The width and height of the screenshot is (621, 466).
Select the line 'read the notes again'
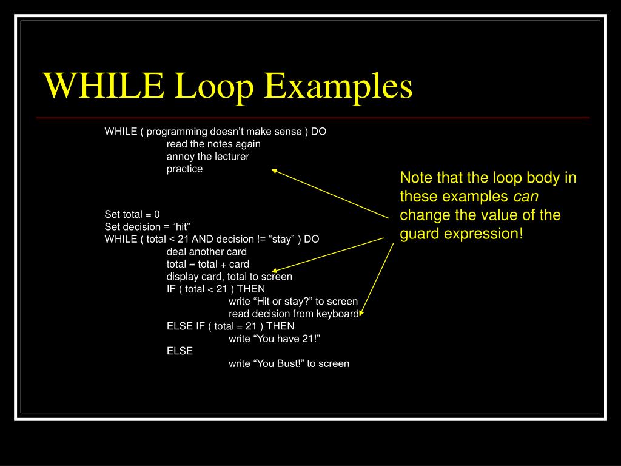[x=213, y=144]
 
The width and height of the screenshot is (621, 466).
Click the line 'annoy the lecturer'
[x=207, y=157]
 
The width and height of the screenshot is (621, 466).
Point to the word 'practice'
[x=184, y=169]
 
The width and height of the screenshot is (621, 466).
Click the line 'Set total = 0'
[x=132, y=214]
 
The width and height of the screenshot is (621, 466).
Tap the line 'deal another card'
[x=206, y=251]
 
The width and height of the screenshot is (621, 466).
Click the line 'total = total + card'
[x=207, y=264]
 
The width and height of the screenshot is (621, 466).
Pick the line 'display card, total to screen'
[x=229, y=277]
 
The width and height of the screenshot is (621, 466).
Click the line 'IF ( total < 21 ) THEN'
[x=215, y=289]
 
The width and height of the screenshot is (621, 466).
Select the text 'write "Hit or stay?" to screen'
[x=293, y=302]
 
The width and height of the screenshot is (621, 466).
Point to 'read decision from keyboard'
[x=293, y=314]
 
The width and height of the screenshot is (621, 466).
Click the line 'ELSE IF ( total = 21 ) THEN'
[x=230, y=326]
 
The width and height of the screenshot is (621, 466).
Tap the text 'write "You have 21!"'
[x=274, y=339]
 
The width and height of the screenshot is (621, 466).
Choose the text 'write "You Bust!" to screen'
[x=289, y=364]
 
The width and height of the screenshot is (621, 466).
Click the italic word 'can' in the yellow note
[x=526, y=197]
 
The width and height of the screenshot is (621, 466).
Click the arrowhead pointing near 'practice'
[x=274, y=171]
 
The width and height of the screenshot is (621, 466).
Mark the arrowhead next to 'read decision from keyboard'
[x=361, y=313]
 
